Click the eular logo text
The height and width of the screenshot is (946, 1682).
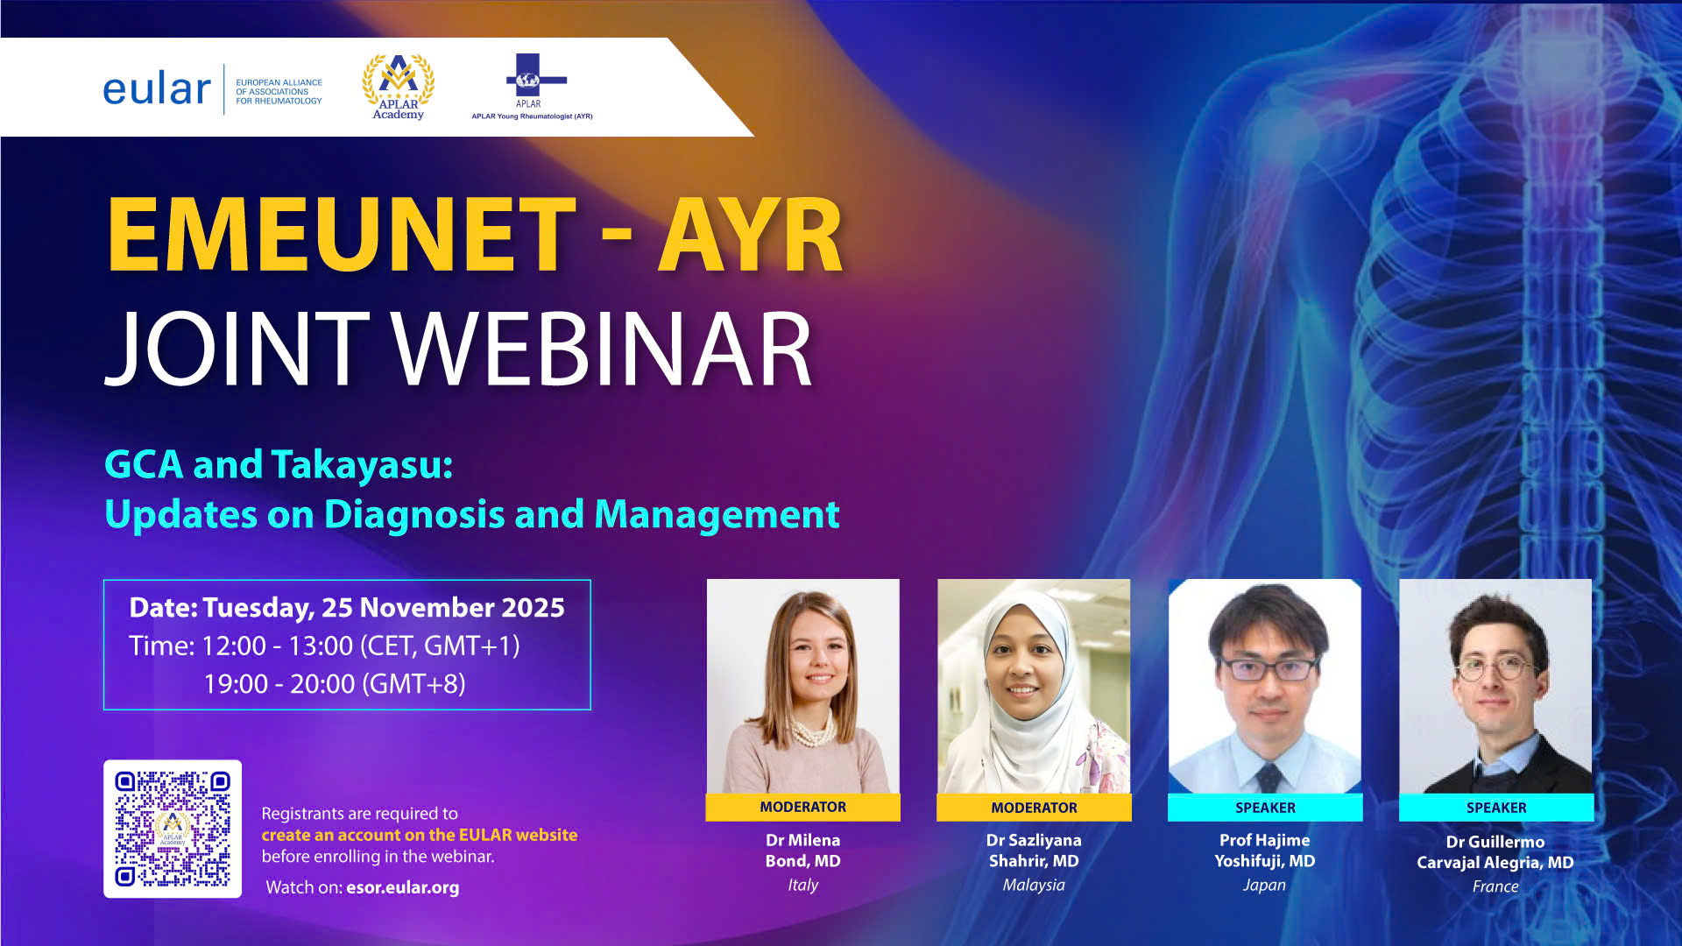pos(157,89)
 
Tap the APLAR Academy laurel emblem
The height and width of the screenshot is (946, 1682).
pos(399,86)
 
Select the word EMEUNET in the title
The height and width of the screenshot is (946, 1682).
pos(342,235)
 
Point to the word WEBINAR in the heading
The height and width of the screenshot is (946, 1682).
pos(602,349)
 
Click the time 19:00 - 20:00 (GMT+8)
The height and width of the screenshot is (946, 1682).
pos(335,683)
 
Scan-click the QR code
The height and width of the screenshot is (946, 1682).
pos(173,829)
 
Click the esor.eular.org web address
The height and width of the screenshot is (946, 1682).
pos(403,887)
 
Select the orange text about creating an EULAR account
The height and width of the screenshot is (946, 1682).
pos(420,835)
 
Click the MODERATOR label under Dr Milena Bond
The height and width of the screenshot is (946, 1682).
pos(803,807)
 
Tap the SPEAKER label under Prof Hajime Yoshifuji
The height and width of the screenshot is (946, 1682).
pos(1265,808)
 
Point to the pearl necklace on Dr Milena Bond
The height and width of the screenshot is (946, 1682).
pos(810,728)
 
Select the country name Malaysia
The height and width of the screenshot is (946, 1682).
pos(1034,885)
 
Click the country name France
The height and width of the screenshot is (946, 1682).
pos(1495,886)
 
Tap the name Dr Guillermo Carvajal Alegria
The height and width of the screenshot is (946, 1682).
pos(1495,852)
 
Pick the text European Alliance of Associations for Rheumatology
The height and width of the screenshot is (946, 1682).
pos(279,91)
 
